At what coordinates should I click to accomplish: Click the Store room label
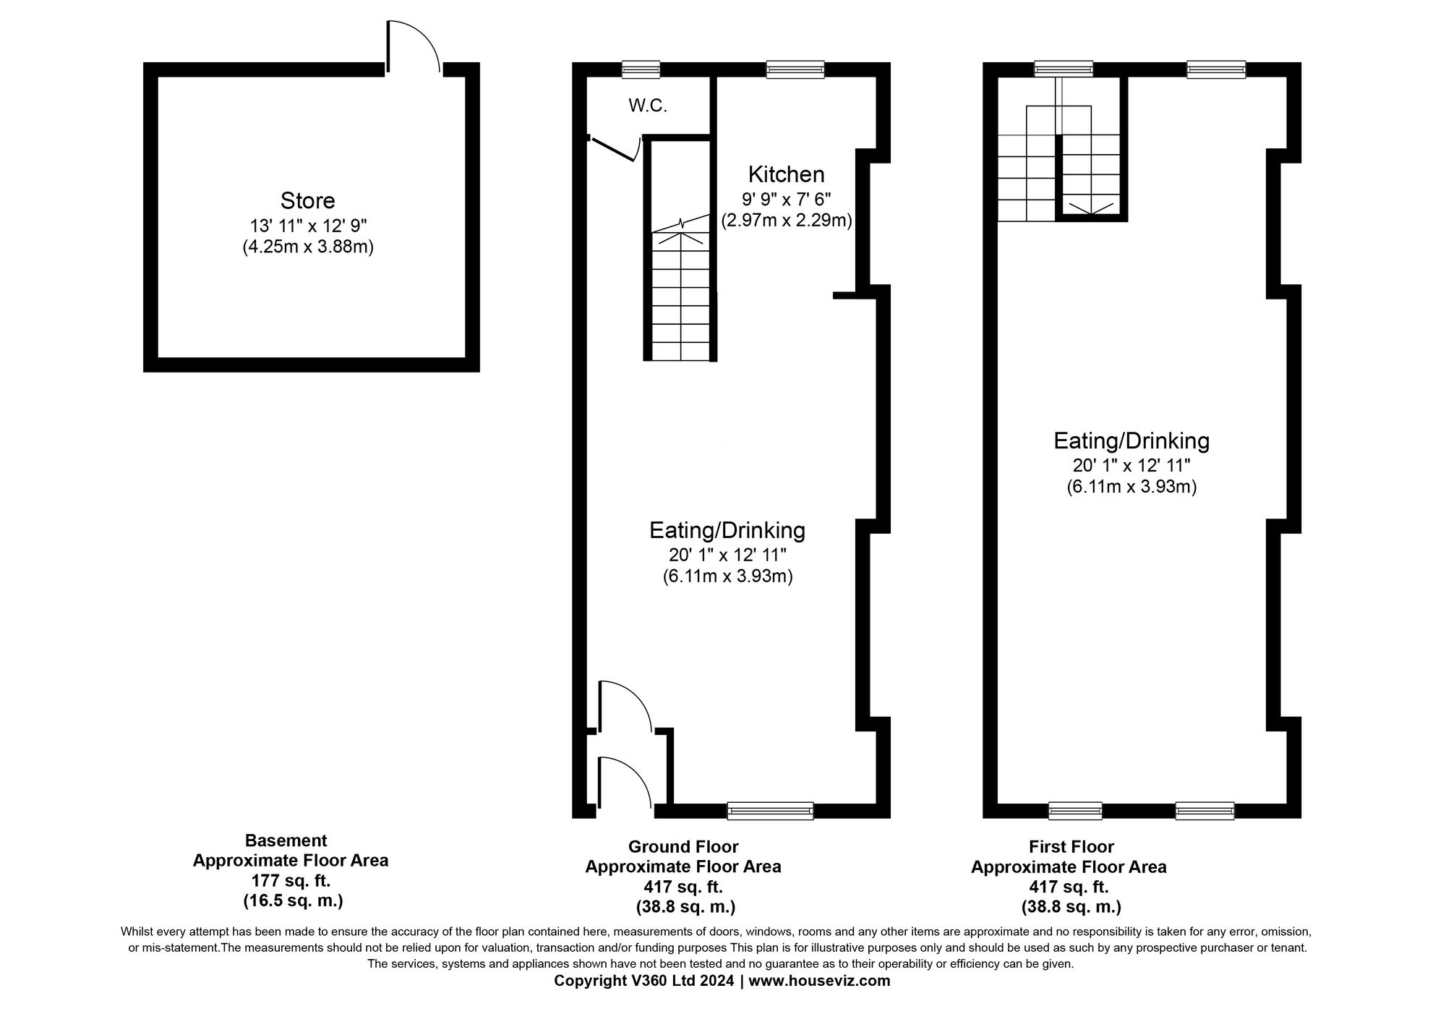(x=307, y=200)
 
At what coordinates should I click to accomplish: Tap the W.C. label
(x=647, y=106)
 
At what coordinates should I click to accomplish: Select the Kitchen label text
(x=786, y=174)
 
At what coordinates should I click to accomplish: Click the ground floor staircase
(x=680, y=297)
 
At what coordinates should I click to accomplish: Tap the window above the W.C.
(x=641, y=69)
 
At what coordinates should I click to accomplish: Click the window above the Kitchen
(x=795, y=69)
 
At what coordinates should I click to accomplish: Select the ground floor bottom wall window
(x=770, y=811)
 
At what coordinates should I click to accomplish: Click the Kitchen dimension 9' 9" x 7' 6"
(x=787, y=198)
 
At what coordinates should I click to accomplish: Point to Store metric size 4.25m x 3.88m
(x=307, y=247)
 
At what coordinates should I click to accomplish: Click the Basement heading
(x=286, y=840)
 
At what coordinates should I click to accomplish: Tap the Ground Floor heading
(x=683, y=846)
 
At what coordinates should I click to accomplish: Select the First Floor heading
(x=1071, y=846)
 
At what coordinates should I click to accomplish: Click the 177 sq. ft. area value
(x=291, y=881)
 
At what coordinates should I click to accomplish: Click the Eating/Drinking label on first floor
(x=1131, y=440)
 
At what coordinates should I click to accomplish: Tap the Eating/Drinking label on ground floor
(x=727, y=530)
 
